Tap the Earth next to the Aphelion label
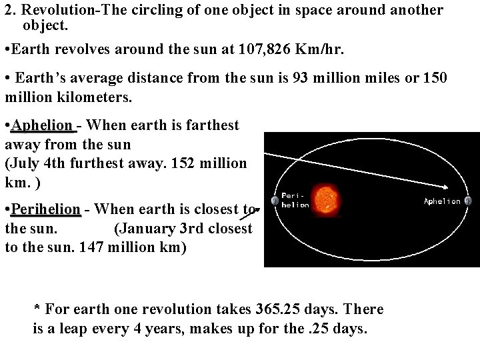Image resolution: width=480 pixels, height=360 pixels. [468, 201]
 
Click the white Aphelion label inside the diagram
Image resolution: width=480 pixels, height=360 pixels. [442, 201]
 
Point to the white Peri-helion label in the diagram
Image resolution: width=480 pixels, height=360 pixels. [295, 200]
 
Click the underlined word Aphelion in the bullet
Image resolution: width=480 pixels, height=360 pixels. [42, 125]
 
